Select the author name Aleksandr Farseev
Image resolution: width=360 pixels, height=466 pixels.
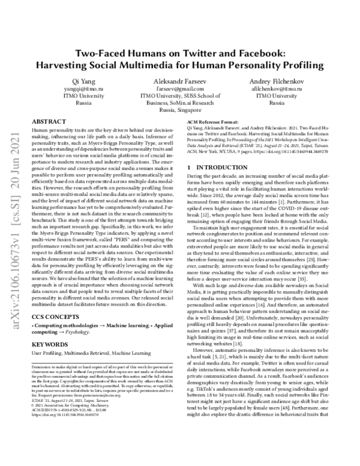[x=181, y=80]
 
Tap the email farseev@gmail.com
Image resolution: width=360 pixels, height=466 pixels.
[x=181, y=88]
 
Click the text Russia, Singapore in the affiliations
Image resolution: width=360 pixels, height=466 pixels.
[x=181, y=110]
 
